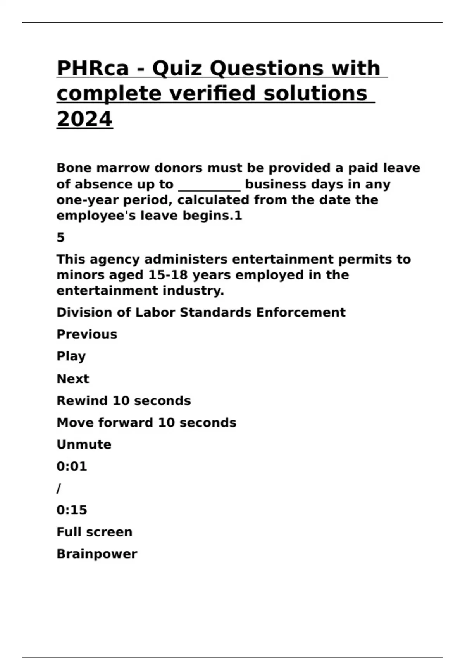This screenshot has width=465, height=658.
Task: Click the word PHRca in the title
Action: tap(93, 68)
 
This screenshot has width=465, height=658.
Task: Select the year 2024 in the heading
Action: tap(84, 119)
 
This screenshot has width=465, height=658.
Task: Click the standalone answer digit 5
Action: tap(60, 237)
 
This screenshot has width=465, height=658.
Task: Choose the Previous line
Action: tap(87, 334)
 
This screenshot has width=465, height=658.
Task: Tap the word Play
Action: tap(71, 356)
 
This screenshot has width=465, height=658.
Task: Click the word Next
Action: tap(73, 379)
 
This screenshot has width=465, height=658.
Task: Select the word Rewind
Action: tap(82, 401)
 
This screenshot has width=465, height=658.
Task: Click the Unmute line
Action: tap(84, 444)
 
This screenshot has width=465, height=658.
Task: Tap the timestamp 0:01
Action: tap(72, 466)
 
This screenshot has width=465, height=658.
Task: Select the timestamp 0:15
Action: tap(72, 510)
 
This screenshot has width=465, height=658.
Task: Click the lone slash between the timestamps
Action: tap(59, 488)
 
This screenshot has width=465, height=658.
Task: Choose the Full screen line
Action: tap(95, 532)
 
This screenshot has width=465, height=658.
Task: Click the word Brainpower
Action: tap(97, 554)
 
